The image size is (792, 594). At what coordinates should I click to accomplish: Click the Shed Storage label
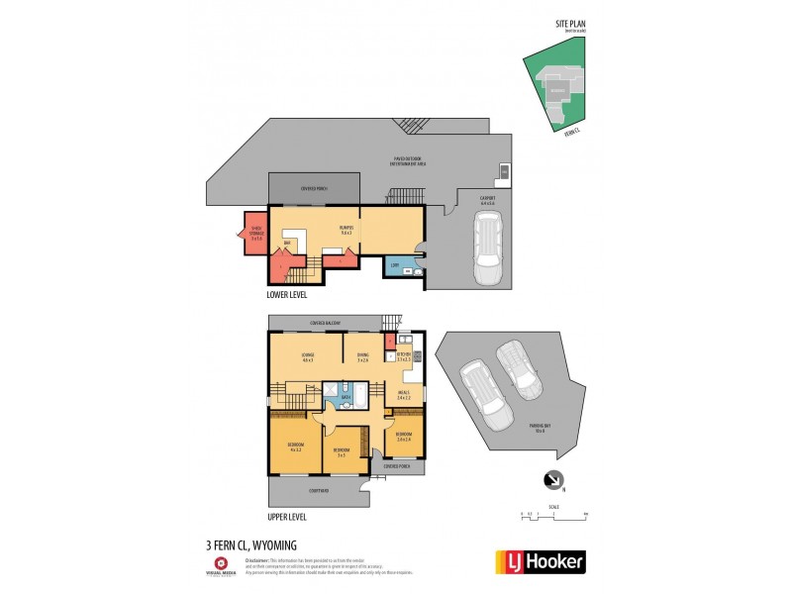click(255, 236)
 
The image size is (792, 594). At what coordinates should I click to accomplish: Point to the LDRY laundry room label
click(394, 266)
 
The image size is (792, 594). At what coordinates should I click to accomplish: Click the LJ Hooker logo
click(540, 561)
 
